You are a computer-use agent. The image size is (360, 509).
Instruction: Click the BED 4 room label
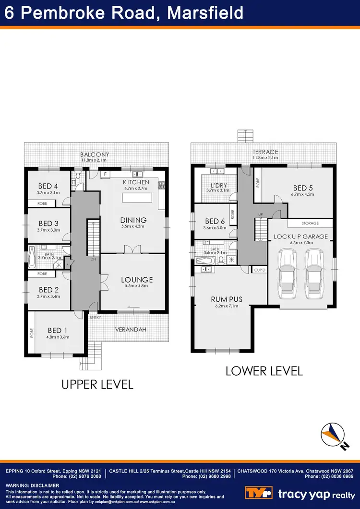(x=48, y=186)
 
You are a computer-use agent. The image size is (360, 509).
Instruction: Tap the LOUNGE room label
(x=136, y=280)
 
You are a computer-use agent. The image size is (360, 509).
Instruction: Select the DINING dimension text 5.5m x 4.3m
(x=133, y=226)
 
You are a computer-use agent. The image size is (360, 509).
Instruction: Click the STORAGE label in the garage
(x=310, y=223)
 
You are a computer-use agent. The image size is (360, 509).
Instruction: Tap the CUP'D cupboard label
(x=259, y=269)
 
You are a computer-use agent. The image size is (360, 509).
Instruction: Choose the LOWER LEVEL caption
(x=264, y=370)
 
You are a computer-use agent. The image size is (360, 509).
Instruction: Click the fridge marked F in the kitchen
(x=105, y=174)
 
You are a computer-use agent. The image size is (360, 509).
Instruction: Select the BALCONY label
(x=95, y=154)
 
